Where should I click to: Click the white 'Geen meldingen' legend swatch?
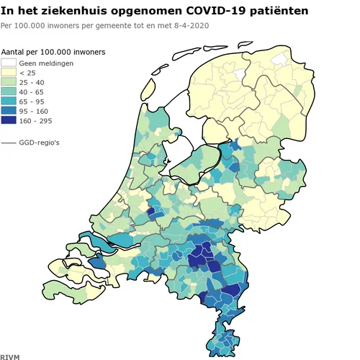click(9, 63)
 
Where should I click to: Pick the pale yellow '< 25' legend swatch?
click(9, 73)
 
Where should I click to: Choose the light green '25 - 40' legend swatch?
click(9, 83)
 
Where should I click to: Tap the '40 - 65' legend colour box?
click(9, 92)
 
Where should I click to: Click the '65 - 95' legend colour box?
click(9, 102)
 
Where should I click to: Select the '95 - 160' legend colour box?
click(9, 112)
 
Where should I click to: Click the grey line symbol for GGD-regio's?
click(9, 143)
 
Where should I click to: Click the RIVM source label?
click(11, 355)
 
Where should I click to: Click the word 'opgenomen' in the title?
click(145, 12)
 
